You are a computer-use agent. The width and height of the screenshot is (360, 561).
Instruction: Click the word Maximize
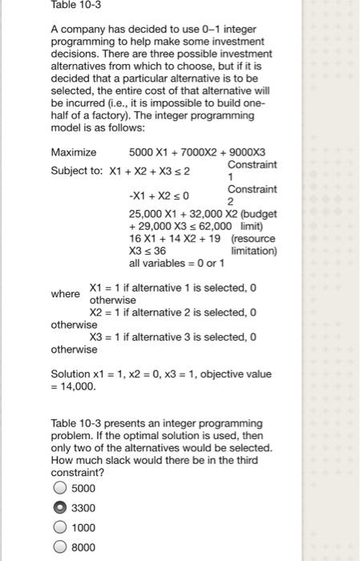point(73,152)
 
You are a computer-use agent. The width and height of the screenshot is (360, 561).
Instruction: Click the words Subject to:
point(76,171)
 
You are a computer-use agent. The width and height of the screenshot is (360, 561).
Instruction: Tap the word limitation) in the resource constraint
point(253,251)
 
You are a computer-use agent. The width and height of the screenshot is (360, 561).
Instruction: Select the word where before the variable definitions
point(65,294)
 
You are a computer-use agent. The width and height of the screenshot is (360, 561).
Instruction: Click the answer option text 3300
point(83,508)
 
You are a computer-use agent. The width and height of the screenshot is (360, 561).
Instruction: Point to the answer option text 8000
point(83,548)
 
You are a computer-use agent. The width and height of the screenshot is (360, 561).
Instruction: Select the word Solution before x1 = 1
point(72,374)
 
